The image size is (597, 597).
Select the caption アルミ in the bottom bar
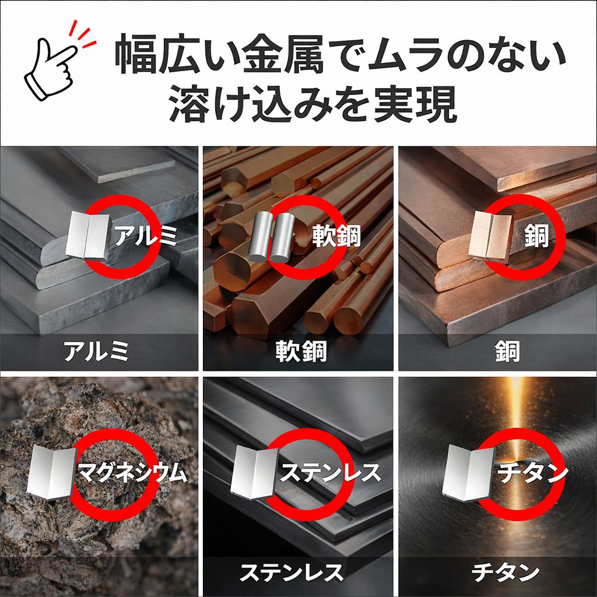click(x=96, y=352)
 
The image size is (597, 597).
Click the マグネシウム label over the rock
click(x=132, y=473)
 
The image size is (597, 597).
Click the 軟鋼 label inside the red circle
click(x=335, y=236)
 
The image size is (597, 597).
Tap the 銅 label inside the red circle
click(x=534, y=236)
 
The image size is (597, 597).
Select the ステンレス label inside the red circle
click(x=331, y=472)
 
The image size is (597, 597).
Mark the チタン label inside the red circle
click(x=532, y=472)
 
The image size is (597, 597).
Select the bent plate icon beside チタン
click(x=468, y=472)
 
